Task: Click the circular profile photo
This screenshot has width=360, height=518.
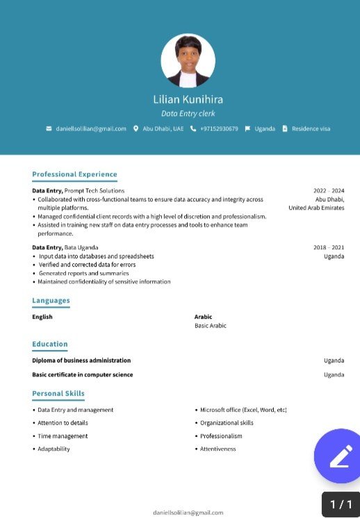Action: pos(188,60)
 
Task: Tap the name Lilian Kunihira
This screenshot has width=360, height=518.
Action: pos(188,99)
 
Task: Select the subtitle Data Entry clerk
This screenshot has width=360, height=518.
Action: pos(188,113)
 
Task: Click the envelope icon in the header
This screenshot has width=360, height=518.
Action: pos(49,128)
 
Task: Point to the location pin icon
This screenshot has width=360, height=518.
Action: pos(136,128)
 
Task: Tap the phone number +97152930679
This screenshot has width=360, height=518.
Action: pos(219,128)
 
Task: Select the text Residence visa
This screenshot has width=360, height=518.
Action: pos(311,128)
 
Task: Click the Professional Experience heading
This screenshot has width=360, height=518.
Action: pos(74,174)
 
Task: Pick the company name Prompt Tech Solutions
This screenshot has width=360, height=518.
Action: pos(95,190)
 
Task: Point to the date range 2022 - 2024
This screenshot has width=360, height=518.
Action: pos(329,190)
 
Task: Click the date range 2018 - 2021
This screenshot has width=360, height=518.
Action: pos(329,247)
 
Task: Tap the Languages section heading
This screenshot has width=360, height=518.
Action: pos(51,301)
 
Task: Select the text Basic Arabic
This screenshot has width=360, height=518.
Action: pos(210,326)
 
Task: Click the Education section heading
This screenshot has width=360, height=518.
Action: pos(50,344)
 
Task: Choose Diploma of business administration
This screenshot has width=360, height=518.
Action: pos(81,360)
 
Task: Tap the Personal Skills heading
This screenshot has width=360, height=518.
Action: pos(58,394)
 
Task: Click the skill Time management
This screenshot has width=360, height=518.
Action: pos(63,436)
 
